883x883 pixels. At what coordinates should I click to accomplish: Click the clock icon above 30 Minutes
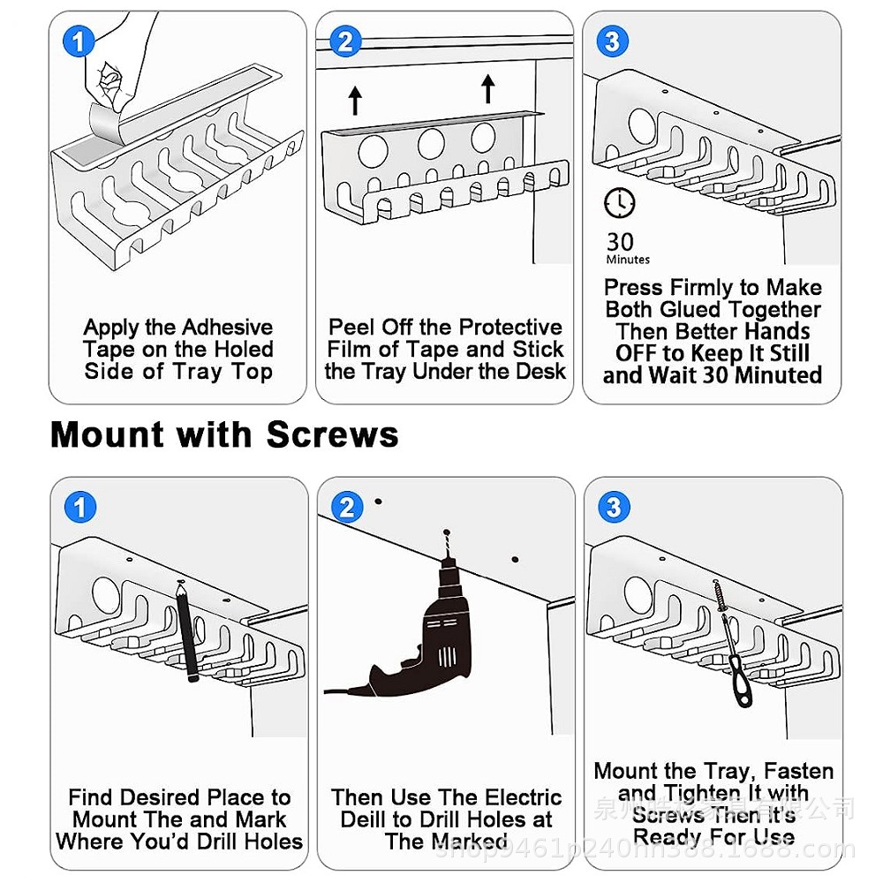point(619,203)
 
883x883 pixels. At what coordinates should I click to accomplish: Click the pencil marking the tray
point(187,631)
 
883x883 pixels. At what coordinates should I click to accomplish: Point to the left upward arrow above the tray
point(355,99)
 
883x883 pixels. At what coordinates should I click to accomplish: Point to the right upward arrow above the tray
point(487,88)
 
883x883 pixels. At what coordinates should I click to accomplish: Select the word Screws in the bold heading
point(332,435)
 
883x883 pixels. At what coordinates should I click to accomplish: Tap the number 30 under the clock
point(620,241)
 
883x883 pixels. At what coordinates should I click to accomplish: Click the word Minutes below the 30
point(628,260)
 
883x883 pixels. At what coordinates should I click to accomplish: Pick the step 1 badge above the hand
point(79,42)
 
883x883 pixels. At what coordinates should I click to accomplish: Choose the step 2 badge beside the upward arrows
point(345,42)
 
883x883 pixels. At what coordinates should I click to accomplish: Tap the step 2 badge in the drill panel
point(346,508)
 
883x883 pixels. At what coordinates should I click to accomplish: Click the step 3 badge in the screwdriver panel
point(614,508)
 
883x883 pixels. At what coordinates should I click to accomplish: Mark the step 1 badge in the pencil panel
point(80,508)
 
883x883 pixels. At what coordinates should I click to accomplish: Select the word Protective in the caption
point(510,328)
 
